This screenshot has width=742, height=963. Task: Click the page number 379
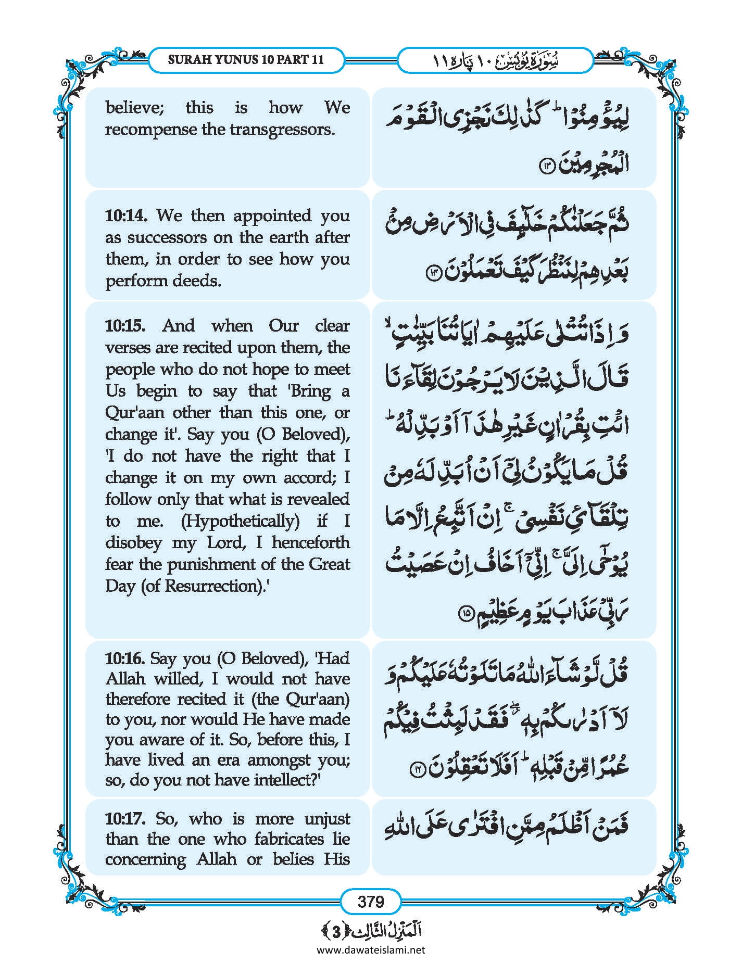point(371,901)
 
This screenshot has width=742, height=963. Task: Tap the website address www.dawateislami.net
point(371,949)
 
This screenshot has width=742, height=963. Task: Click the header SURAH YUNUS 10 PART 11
point(246,60)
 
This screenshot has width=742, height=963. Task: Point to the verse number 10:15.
point(125,326)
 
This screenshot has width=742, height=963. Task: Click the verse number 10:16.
point(125,658)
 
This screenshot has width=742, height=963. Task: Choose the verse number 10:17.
point(125,819)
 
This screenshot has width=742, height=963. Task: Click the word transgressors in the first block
point(282,130)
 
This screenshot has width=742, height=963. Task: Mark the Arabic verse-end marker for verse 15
point(465,614)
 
